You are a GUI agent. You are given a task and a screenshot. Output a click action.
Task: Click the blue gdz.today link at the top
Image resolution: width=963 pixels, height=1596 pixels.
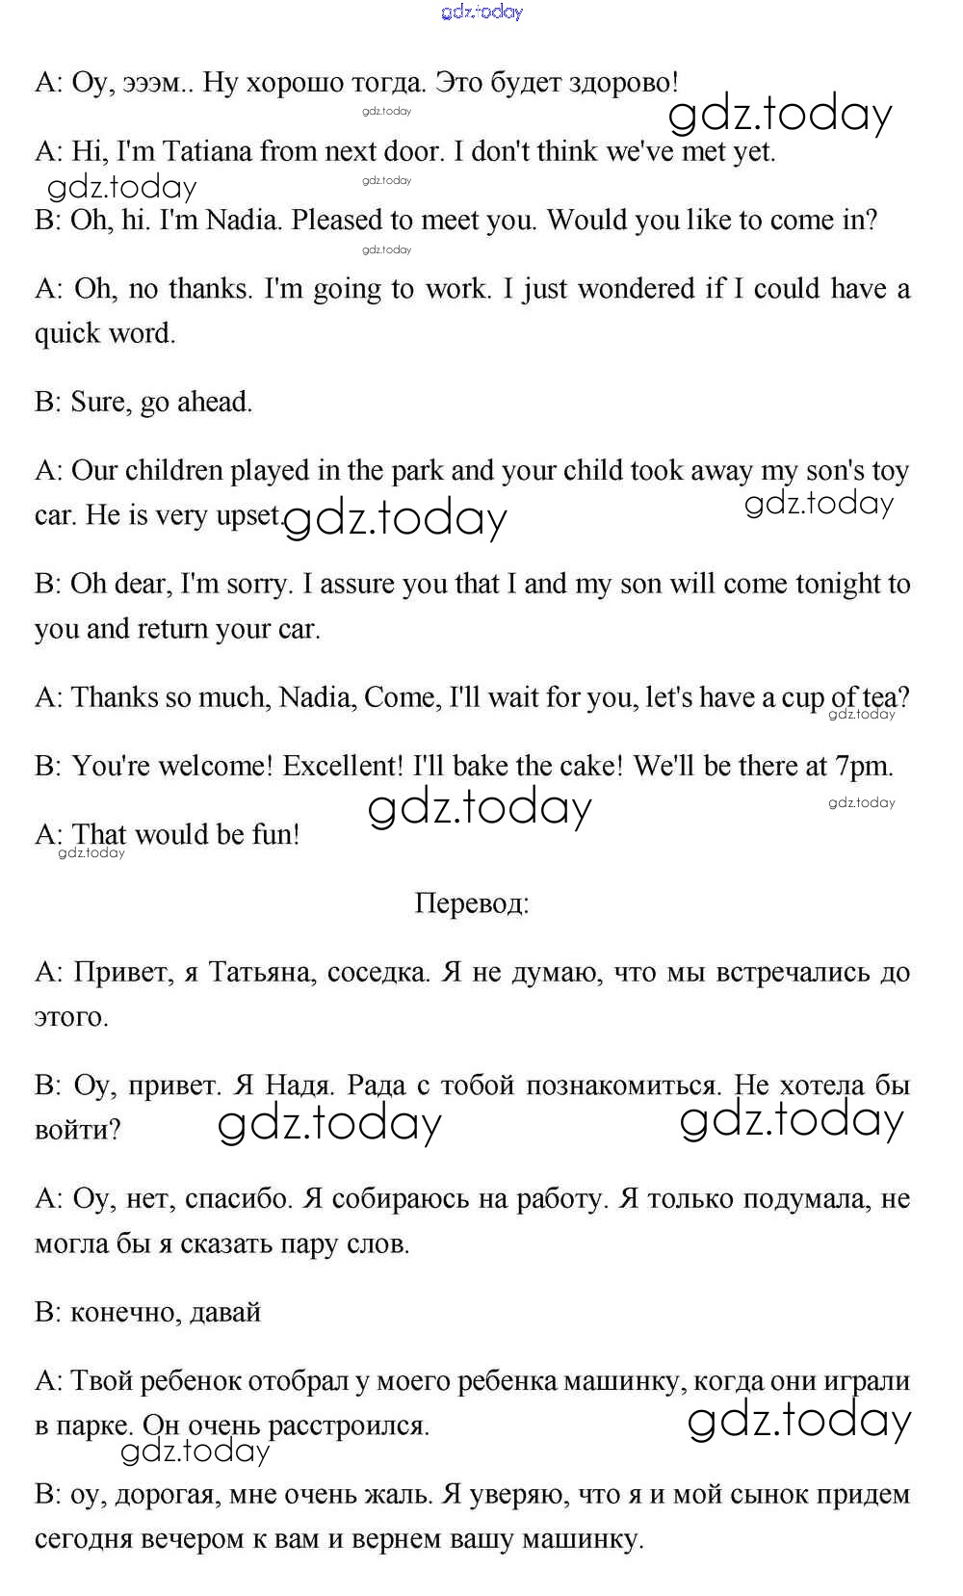click(481, 12)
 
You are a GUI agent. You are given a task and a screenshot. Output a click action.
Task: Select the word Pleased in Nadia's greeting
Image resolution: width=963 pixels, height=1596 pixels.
click(337, 221)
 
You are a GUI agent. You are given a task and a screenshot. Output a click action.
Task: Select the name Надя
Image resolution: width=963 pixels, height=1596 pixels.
click(299, 1086)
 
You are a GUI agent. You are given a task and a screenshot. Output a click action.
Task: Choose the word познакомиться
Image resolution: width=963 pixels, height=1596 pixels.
click(580, 1086)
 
